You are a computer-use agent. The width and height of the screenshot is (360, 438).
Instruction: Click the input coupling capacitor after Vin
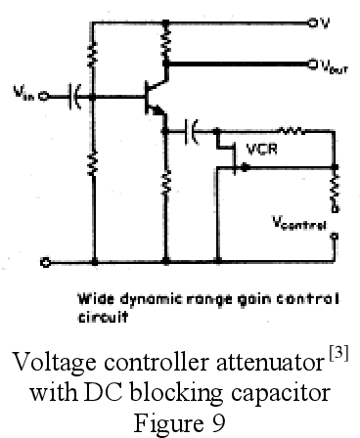coord(74,96)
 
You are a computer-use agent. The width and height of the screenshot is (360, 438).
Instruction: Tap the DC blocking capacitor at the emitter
coord(194,128)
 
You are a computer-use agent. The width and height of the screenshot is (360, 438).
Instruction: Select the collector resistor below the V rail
coord(167,40)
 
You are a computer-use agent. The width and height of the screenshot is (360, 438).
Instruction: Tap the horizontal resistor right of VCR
coord(290,128)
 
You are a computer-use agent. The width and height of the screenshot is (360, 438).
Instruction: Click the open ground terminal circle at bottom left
coord(45,262)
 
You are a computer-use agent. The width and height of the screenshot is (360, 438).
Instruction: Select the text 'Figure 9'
coord(179,419)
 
